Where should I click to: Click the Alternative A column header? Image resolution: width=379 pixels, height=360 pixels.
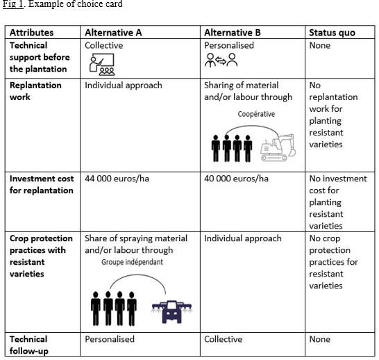113,33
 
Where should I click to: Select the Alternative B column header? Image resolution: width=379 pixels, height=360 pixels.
233,33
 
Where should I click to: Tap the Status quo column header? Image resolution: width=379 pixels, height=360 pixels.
332,33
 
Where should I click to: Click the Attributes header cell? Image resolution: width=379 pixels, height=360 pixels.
31,33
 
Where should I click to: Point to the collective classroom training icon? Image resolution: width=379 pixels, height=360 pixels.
102,65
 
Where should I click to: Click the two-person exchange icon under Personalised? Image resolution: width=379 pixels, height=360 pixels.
221,60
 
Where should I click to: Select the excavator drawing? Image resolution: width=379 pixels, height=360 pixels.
278,147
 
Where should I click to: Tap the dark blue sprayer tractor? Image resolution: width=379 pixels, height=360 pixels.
172,311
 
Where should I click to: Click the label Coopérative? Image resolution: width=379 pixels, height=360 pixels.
256,114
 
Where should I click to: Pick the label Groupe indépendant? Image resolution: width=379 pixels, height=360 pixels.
132,262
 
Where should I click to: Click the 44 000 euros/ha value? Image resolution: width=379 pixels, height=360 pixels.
117,179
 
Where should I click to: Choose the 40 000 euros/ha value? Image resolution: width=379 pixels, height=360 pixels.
236,179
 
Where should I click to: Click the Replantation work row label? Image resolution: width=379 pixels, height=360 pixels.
35,91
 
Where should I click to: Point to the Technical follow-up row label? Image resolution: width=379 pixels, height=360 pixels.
29,345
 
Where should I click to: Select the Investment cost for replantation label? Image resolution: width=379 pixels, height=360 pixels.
42,185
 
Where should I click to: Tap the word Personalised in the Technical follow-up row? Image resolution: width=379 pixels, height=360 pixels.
110,339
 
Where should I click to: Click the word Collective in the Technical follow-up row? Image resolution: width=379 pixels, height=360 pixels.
223,339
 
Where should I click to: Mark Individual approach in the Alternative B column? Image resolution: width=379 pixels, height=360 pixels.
243,238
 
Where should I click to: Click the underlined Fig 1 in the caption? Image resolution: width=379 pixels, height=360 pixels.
13,4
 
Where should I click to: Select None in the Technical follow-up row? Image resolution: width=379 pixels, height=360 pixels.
320,339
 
